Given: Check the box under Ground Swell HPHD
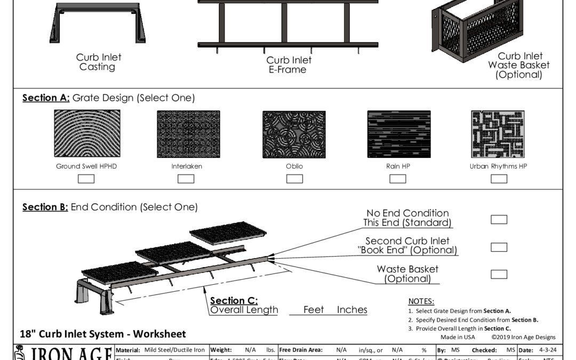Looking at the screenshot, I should (x=86, y=179).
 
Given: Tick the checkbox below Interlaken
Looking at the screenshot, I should (x=186, y=179).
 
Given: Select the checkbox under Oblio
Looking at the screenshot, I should (x=294, y=179).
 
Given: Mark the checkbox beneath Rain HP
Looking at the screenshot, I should (x=397, y=179).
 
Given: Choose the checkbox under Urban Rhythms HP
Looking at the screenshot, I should (x=499, y=179).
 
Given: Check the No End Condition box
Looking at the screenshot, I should (x=499, y=219).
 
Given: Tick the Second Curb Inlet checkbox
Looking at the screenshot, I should (x=499, y=247).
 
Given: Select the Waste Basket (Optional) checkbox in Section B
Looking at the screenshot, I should (x=499, y=274).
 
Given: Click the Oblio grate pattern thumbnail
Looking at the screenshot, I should (x=294, y=134).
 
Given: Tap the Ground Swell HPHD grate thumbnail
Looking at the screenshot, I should (x=86, y=134).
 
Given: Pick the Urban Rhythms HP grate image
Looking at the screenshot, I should (x=498, y=134).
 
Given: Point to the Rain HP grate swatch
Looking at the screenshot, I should (x=399, y=134).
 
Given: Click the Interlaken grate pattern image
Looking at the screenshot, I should (x=188, y=134).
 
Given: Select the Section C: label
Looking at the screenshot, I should (x=234, y=301).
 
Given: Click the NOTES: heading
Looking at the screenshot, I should (x=421, y=302).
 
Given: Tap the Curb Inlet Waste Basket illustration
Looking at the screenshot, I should (x=476, y=27).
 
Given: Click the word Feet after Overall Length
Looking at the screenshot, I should (x=314, y=310).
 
